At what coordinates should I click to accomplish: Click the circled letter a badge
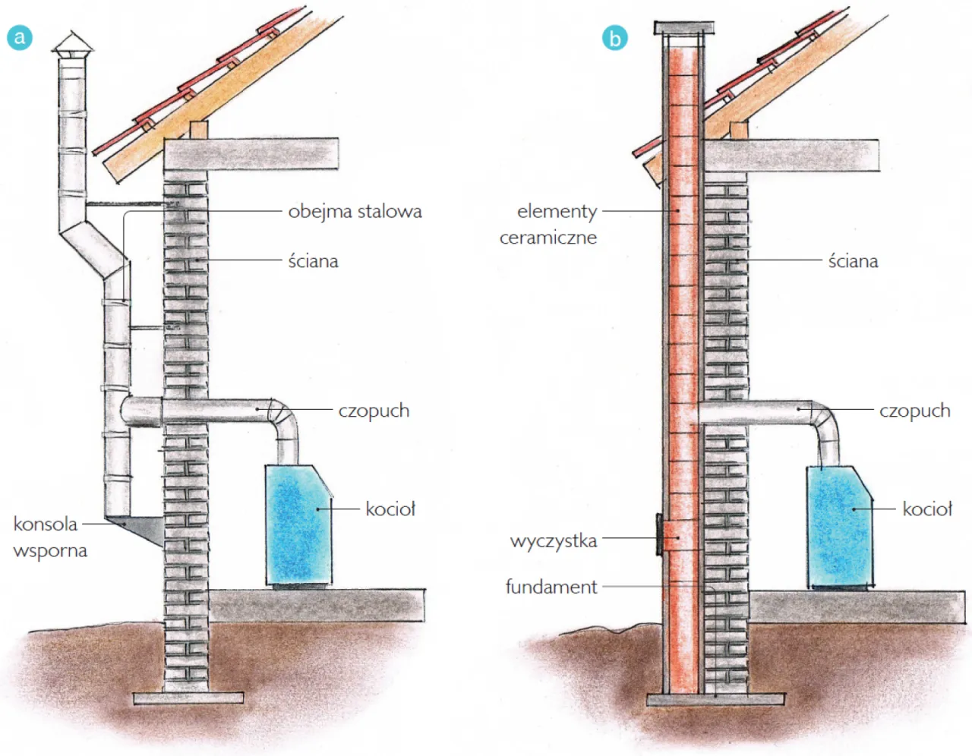pyautogui.click(x=20, y=37)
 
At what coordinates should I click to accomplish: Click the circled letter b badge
pyautogui.click(x=615, y=37)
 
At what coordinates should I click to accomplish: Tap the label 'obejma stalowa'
pyautogui.click(x=355, y=211)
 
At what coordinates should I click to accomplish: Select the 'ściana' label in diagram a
pyautogui.click(x=313, y=261)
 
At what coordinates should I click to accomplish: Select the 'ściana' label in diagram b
pyautogui.click(x=853, y=261)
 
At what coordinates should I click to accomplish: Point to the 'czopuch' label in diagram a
pyautogui.click(x=374, y=411)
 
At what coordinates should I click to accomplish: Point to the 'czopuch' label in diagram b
pyautogui.click(x=914, y=411)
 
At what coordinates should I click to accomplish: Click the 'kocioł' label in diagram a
pyautogui.click(x=390, y=509)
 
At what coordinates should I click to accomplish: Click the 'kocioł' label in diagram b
pyautogui.click(x=926, y=509)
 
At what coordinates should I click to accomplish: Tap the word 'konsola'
pyautogui.click(x=46, y=524)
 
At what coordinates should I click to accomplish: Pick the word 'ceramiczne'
pyautogui.click(x=548, y=238)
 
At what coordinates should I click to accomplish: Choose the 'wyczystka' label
pyautogui.click(x=554, y=541)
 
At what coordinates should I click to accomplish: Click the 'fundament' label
pyautogui.click(x=551, y=587)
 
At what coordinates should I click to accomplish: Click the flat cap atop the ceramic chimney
pyautogui.click(x=684, y=29)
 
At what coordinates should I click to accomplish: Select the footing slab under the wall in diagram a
pyautogui.click(x=188, y=698)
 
